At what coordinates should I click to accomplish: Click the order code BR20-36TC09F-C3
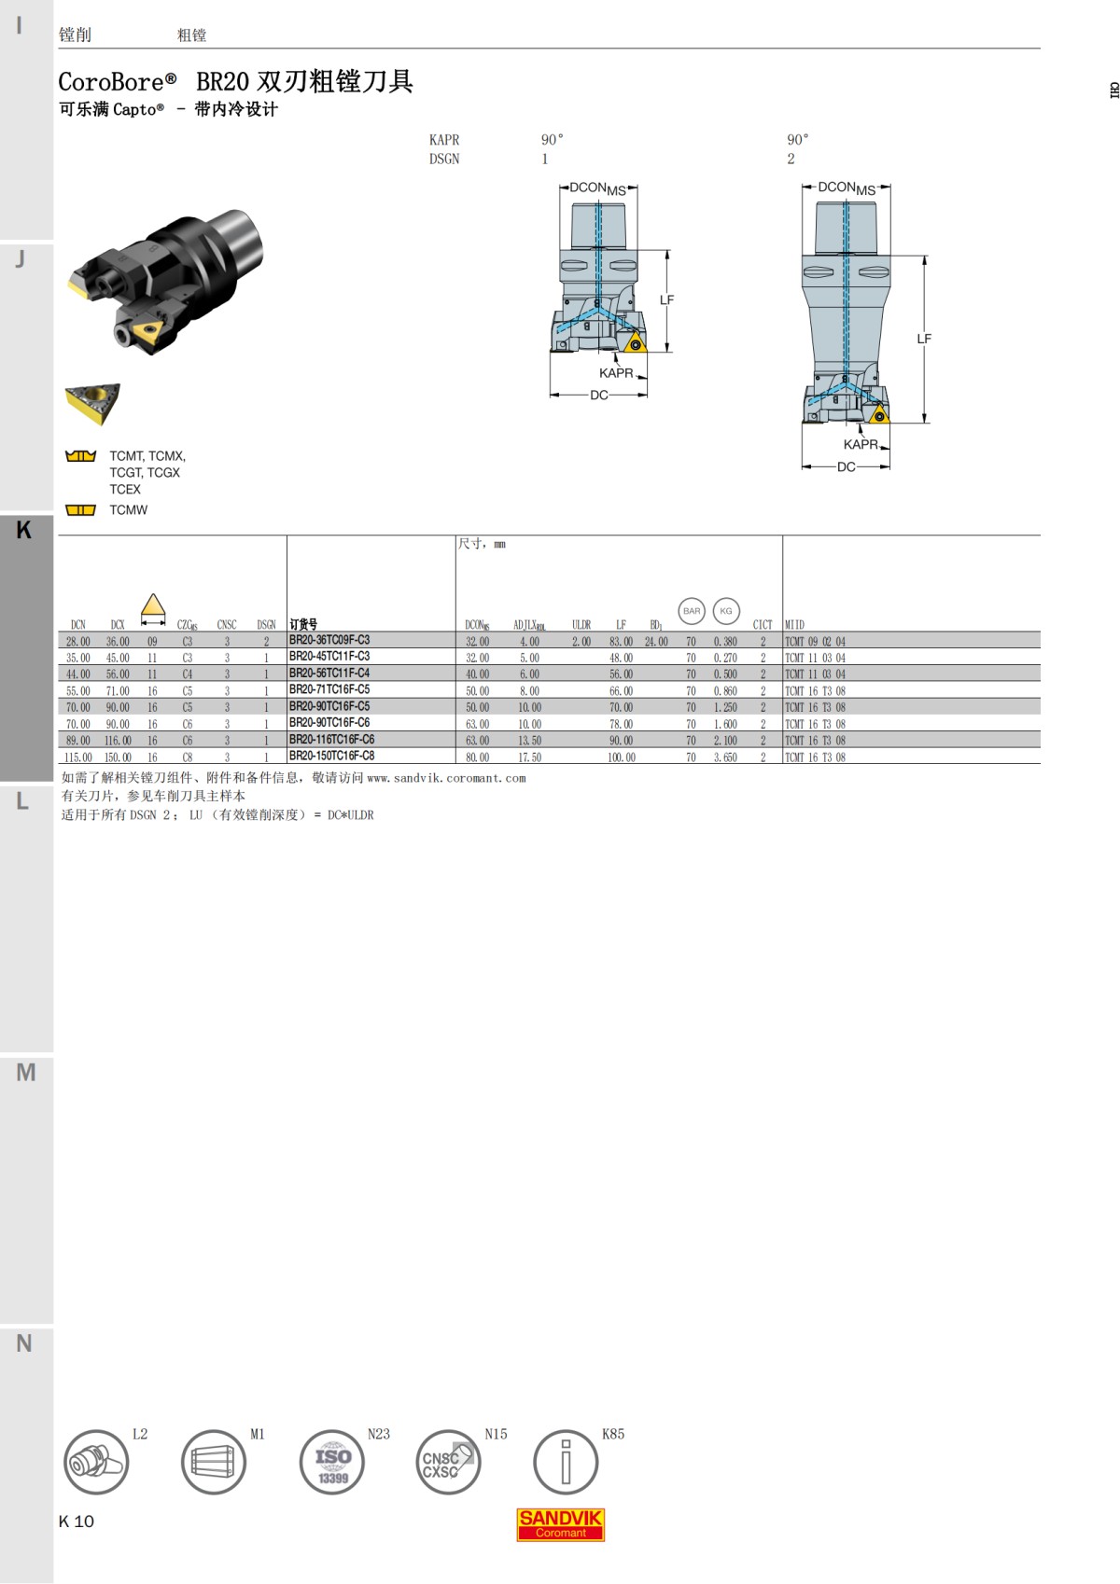click(329, 641)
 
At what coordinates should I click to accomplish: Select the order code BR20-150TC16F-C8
click(331, 757)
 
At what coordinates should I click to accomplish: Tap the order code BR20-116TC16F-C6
click(331, 740)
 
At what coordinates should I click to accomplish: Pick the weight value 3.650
click(725, 757)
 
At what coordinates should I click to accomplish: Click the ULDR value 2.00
click(581, 642)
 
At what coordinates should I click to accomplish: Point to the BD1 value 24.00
click(656, 642)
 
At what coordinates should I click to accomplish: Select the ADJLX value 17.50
click(529, 757)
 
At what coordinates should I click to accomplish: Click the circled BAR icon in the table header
click(692, 611)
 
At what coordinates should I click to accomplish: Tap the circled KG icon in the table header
click(726, 611)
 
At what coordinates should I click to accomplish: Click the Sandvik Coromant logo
click(561, 1524)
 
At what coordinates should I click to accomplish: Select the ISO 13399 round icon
click(332, 1463)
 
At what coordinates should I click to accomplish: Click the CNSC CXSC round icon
click(448, 1463)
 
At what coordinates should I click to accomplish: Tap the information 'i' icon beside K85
click(566, 1463)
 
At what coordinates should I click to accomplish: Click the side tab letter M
click(26, 1073)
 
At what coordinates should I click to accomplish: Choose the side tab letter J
click(21, 258)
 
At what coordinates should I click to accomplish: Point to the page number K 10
click(77, 1521)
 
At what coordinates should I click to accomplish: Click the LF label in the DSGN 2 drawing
click(924, 339)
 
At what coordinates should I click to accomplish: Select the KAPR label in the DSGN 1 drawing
click(616, 373)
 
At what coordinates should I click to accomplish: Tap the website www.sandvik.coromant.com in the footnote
click(446, 778)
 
